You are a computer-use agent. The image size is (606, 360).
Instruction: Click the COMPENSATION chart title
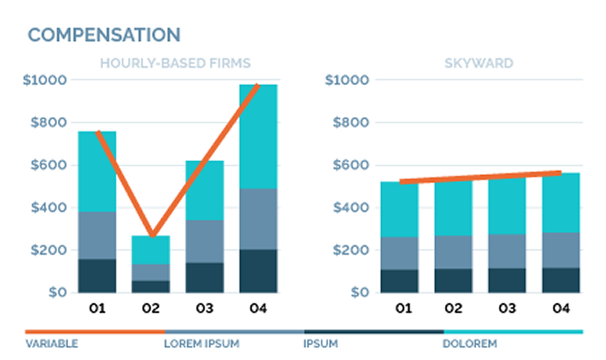coord(104,35)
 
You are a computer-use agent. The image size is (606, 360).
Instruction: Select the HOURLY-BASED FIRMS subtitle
coord(175,64)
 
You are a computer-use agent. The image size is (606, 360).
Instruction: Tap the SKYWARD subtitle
coord(479,64)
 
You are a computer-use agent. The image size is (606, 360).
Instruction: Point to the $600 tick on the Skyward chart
coord(349,165)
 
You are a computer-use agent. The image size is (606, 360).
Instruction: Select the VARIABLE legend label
coord(52,343)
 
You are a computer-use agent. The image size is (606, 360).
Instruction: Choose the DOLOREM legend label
coord(470,343)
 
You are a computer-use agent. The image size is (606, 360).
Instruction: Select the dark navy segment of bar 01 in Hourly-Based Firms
coord(97,276)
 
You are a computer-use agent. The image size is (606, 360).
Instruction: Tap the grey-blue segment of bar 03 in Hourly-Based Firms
coord(204,241)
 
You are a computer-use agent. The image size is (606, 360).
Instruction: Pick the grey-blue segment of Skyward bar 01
coord(399,253)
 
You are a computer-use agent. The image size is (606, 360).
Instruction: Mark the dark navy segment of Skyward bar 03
coord(506,280)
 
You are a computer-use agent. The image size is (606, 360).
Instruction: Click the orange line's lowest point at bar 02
coord(152,236)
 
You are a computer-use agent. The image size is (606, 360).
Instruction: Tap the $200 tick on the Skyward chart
coord(349,251)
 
